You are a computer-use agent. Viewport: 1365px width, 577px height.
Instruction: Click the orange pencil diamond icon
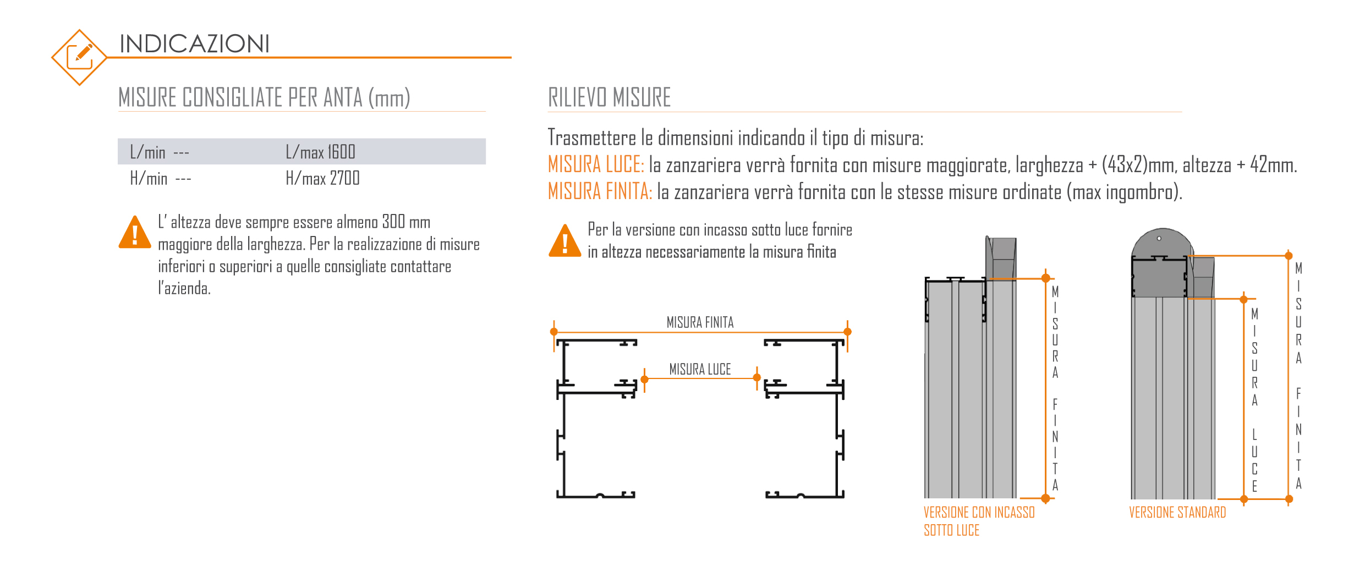[x=79, y=57]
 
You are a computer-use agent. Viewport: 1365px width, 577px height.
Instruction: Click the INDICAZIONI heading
[x=194, y=44]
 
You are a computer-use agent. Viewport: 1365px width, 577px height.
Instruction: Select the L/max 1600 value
[x=321, y=152]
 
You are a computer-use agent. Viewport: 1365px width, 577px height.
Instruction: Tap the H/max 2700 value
[x=322, y=178]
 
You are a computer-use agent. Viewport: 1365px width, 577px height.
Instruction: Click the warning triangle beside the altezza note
[x=135, y=233]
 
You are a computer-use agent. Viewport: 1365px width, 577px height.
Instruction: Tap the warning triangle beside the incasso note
[x=564, y=242]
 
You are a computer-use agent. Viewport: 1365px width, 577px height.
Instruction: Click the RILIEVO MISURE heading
[x=609, y=98]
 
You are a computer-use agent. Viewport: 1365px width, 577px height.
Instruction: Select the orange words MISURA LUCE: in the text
[x=596, y=165]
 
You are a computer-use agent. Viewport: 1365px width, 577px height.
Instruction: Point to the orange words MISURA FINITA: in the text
[x=600, y=192]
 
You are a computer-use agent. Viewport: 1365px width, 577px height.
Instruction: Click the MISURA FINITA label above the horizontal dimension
[x=700, y=322]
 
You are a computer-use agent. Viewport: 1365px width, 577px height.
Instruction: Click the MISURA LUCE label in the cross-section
[x=700, y=369]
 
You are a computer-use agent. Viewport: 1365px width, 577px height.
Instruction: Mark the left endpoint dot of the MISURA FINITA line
[x=554, y=332]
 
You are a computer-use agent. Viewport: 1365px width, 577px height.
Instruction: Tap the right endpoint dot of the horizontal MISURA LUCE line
[x=757, y=377]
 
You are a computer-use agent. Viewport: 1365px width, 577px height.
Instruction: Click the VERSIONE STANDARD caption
[x=1177, y=513]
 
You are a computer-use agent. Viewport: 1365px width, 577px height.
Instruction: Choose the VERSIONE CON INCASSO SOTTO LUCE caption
[x=978, y=521]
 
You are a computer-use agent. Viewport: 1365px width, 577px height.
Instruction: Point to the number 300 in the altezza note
[x=393, y=222]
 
